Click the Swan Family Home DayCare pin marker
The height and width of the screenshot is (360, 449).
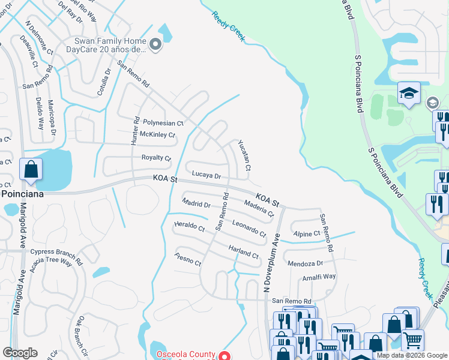tap(155, 45)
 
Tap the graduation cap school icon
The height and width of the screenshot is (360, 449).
tap(409, 94)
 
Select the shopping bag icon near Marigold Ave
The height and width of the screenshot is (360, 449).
tap(31, 169)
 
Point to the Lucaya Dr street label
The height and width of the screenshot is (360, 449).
tap(206, 176)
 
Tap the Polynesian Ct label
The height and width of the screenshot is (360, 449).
tap(162, 122)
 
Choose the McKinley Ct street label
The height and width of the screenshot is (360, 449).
tap(157, 135)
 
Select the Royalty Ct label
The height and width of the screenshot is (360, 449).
tap(156, 157)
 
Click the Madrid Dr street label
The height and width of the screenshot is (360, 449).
tap(196, 204)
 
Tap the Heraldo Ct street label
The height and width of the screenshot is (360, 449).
tap(189, 226)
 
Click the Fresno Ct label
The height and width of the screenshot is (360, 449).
tap(187, 259)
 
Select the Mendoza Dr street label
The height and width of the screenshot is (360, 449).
tap(305, 263)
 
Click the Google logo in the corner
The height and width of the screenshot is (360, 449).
tap(20, 353)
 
